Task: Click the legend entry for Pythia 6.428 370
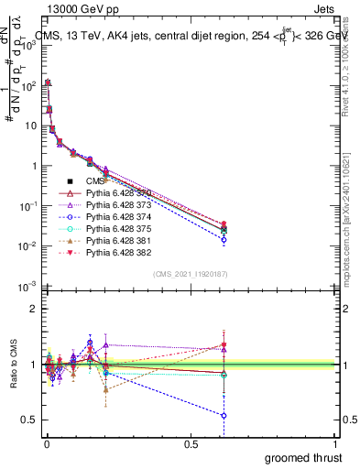115,193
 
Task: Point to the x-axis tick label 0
46,443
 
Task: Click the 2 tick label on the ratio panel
33,309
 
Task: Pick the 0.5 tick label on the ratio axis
28,420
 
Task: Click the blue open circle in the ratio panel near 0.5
224,415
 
